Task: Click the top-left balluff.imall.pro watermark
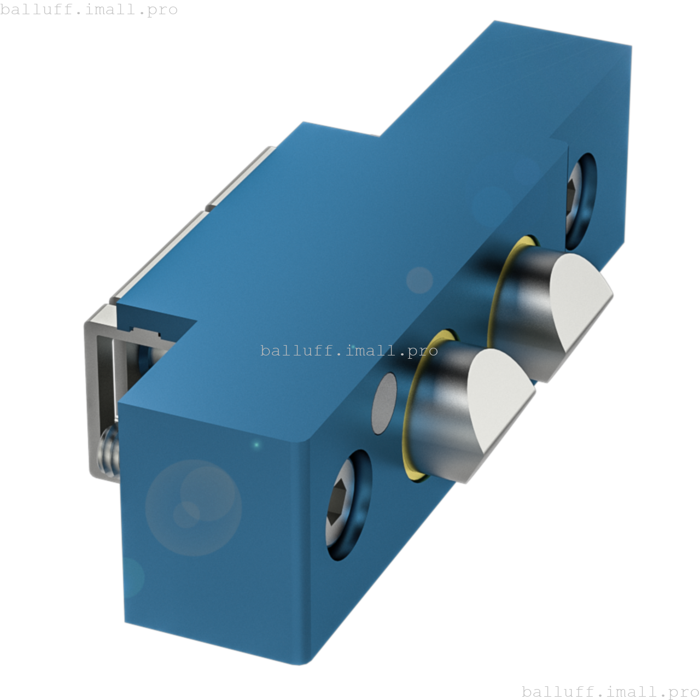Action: (89, 9)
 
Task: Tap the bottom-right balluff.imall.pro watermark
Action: (610, 691)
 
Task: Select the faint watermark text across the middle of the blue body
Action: (349, 351)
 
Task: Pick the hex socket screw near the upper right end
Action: (579, 200)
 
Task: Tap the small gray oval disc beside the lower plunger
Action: (384, 404)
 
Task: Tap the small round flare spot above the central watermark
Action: (419, 280)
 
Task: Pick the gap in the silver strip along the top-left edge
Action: (207, 208)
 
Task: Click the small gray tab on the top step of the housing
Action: (374, 135)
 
